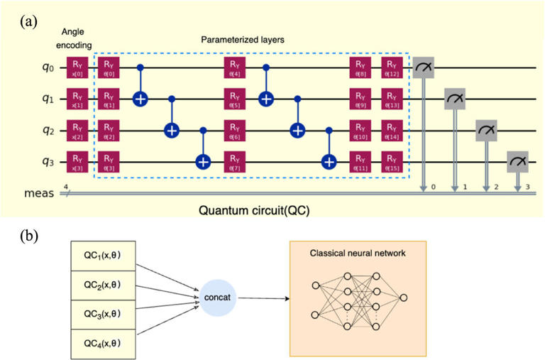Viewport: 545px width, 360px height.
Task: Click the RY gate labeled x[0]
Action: pyautogui.click(x=76, y=68)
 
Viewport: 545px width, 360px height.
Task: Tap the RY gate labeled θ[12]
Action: pyautogui.click(x=391, y=68)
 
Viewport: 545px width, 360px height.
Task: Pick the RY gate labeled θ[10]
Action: pyautogui.click(x=360, y=130)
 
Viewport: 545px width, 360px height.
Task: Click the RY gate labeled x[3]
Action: pyautogui.click(x=76, y=161)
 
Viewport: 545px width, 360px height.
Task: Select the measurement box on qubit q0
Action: pyautogui.click(x=424, y=68)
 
